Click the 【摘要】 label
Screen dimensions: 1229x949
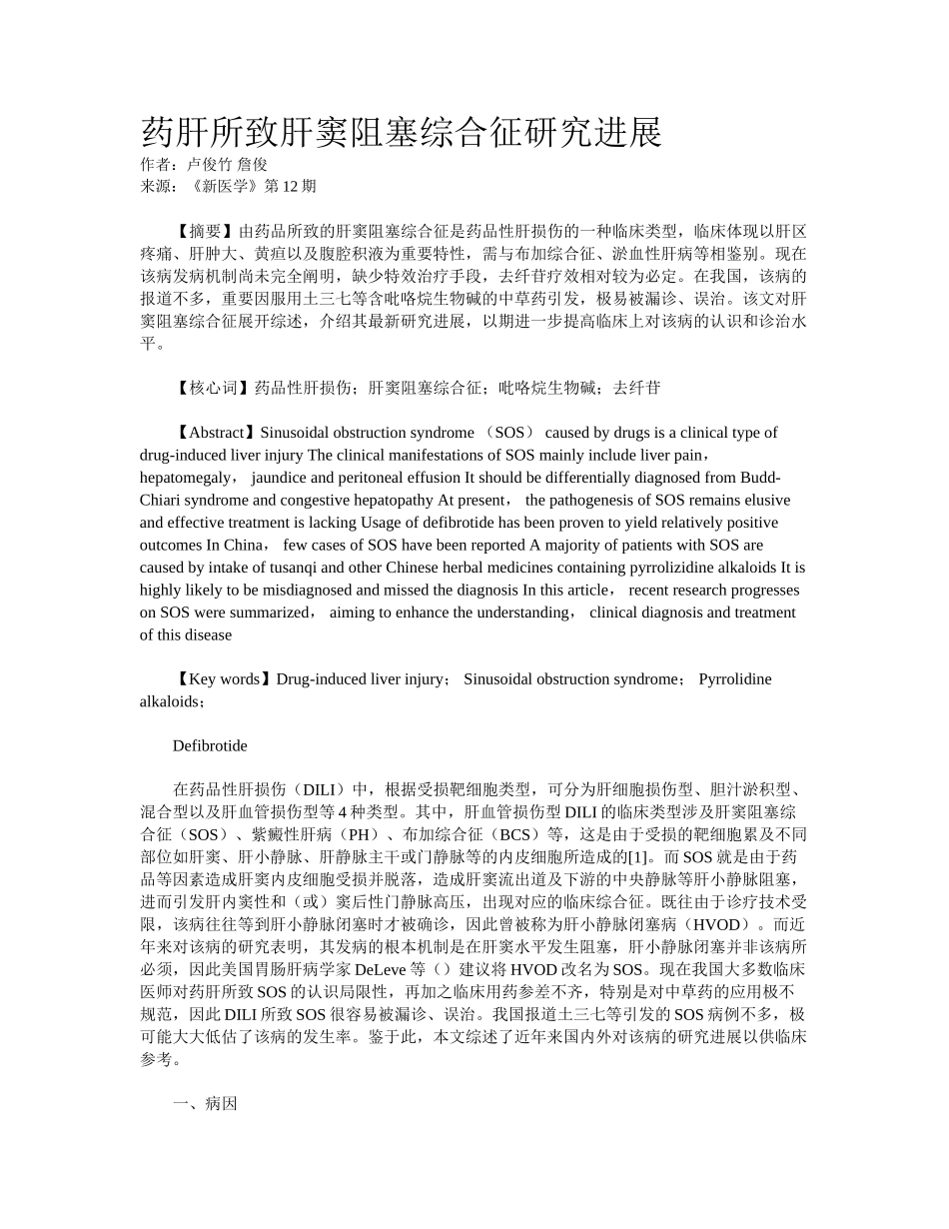click(205, 232)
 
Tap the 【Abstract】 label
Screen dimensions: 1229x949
click(215, 433)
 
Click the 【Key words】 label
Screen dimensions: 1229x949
click(223, 679)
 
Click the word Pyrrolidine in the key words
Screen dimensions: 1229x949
click(735, 679)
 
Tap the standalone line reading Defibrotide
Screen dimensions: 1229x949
click(210, 746)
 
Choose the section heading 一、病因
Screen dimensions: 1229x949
click(205, 1104)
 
